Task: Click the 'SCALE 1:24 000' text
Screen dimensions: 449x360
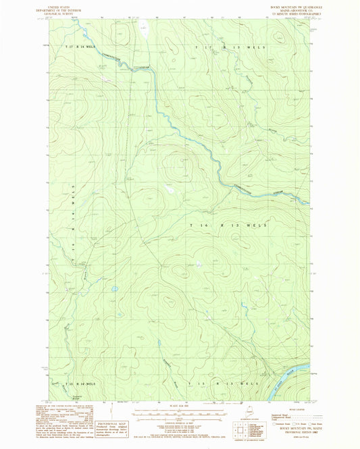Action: click(175, 405)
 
